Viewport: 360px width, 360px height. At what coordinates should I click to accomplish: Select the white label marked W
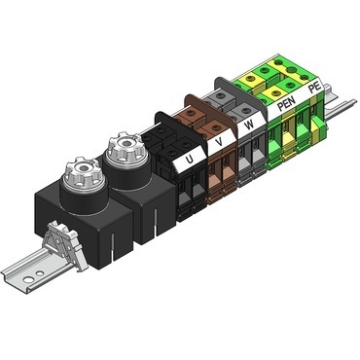251,125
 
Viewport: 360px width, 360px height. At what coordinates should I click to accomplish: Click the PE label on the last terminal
313,89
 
